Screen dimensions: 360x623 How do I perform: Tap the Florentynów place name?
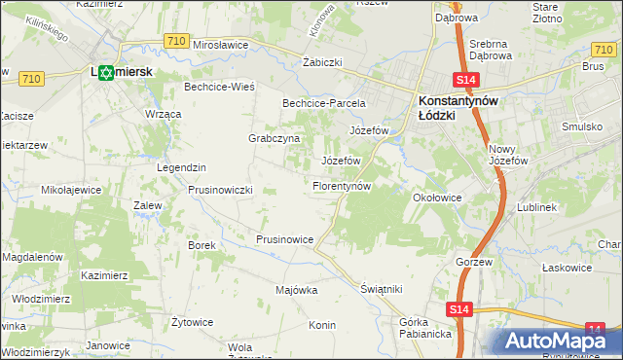(342, 185)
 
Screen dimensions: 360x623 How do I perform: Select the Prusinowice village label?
(284, 238)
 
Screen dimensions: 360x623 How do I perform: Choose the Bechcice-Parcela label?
(323, 102)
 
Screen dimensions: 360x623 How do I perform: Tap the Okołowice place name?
(437, 198)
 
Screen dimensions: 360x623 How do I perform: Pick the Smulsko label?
(581, 126)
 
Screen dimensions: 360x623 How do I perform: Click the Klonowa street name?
(323, 19)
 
